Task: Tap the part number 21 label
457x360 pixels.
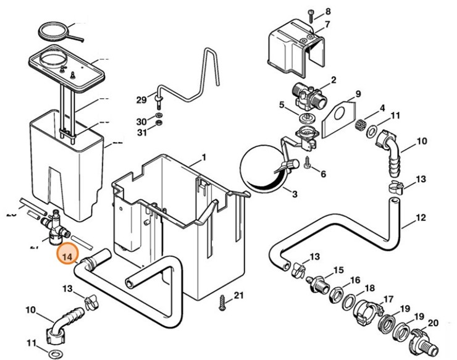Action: [239, 295]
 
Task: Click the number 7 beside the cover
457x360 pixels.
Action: [327, 25]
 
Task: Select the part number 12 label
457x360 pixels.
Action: [421, 217]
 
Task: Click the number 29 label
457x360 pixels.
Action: [141, 99]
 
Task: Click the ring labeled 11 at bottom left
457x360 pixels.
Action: [54, 353]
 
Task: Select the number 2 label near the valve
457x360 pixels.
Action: [333, 80]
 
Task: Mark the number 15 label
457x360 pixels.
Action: [338, 270]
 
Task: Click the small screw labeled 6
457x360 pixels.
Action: [307, 162]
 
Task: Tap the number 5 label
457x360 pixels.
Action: [282, 106]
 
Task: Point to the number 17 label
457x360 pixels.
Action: [388, 299]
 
